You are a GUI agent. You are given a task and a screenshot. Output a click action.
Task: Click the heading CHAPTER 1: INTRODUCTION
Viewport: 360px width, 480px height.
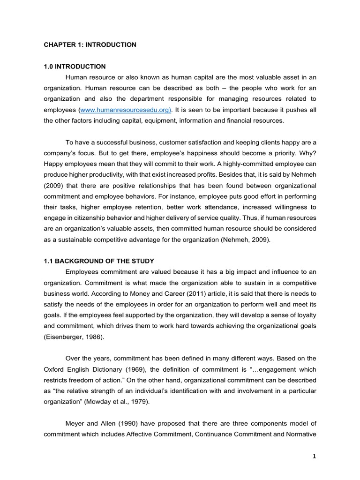[x=90, y=45]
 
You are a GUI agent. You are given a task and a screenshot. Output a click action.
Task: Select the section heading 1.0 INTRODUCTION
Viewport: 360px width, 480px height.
[x=75, y=67]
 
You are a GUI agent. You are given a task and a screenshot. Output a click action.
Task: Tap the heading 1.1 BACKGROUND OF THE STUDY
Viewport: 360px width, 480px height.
[x=99, y=261]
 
